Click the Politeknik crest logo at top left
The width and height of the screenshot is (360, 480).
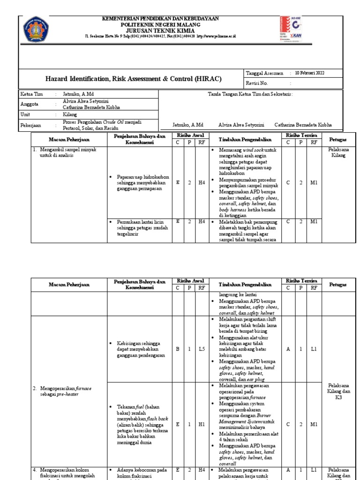tap(35, 29)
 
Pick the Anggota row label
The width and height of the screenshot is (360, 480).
tap(29, 104)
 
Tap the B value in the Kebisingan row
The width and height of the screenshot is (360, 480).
tap(178, 349)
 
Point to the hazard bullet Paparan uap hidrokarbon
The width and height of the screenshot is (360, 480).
tap(137, 183)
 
